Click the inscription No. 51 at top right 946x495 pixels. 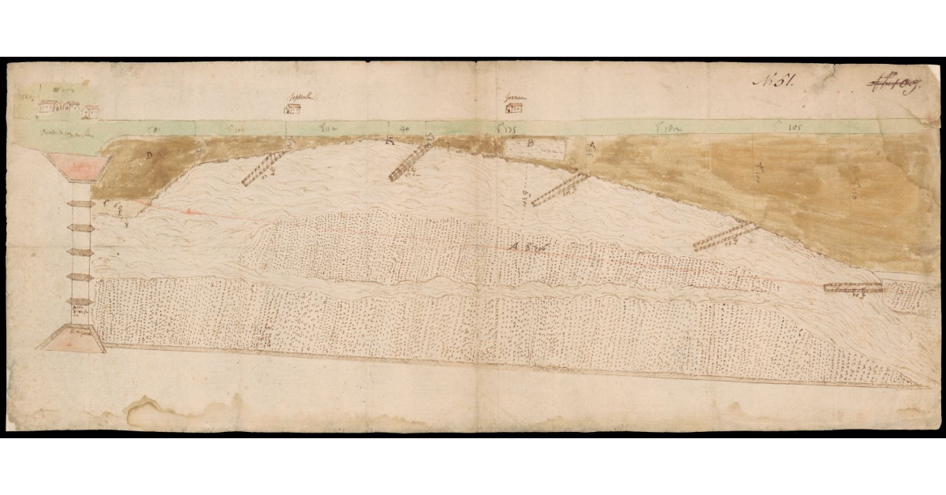point(777,81)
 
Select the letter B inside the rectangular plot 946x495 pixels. point(531,143)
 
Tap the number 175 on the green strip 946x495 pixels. point(505,128)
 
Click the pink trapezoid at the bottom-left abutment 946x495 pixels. point(72,340)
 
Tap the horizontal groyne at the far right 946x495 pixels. point(853,288)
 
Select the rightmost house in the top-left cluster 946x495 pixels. point(91,111)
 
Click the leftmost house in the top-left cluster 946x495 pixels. point(47,106)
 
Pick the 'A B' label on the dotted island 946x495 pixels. point(530,249)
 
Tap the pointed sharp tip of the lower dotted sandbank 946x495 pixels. point(917,386)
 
